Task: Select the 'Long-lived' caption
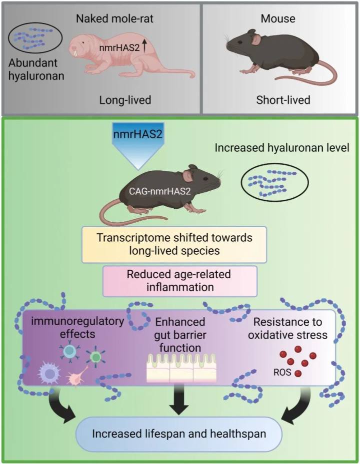point(125,100)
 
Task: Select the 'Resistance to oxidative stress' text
point(286,328)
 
